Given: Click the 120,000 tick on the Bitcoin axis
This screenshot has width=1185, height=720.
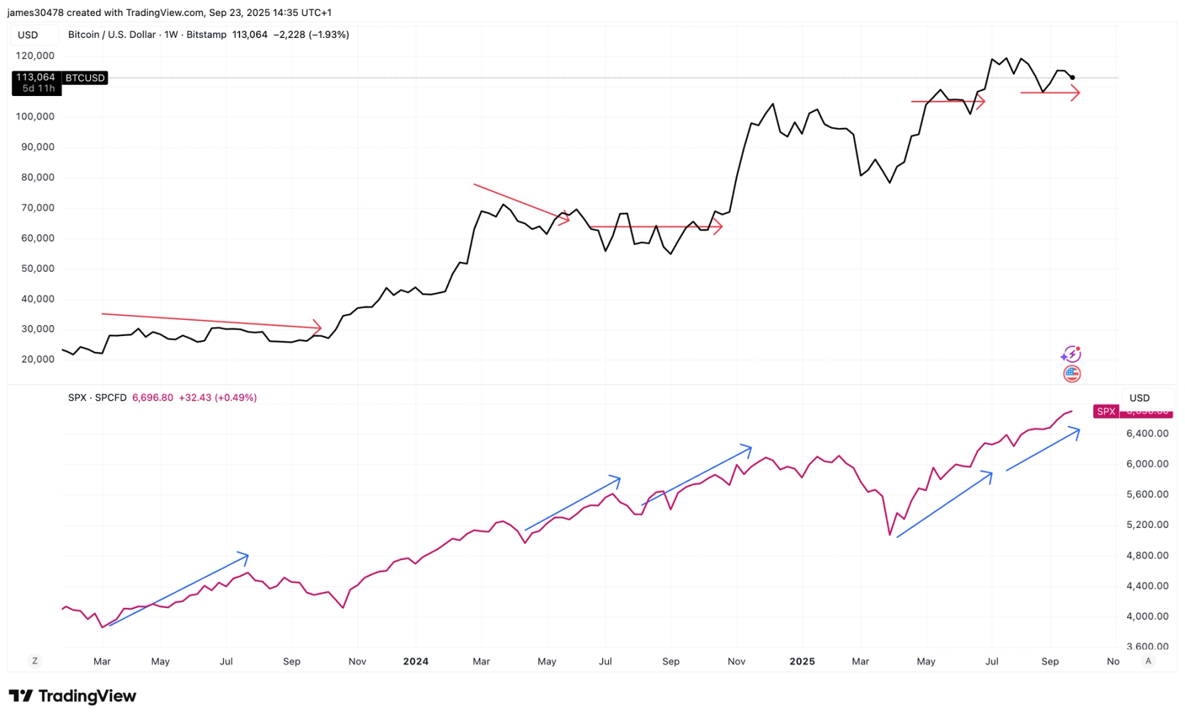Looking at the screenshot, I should pyautogui.click(x=35, y=56).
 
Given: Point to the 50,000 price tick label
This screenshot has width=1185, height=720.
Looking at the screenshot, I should pyautogui.click(x=37, y=269).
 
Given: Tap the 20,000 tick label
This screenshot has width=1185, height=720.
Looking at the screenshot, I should pyautogui.click(x=37, y=359).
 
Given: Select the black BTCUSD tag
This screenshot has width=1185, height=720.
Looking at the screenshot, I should pyautogui.click(x=85, y=78).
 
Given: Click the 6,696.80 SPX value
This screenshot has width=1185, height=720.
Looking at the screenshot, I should pyautogui.click(x=152, y=398).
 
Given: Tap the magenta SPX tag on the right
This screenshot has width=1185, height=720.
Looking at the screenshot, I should pyautogui.click(x=1106, y=411).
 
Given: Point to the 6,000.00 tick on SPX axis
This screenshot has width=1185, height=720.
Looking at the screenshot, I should pyautogui.click(x=1147, y=464).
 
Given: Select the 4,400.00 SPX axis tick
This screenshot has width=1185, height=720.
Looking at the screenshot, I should pyautogui.click(x=1147, y=586).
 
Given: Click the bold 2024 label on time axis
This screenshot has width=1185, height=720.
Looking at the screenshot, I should pyautogui.click(x=415, y=661).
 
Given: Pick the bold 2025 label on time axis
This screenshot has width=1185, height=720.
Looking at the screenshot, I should pyautogui.click(x=802, y=661).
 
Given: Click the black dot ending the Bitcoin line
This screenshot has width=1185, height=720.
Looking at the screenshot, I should pyautogui.click(x=1072, y=77).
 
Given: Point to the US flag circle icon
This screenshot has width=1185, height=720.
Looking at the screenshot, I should pyautogui.click(x=1072, y=374).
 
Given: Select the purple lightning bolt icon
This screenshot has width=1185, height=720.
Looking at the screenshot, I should pyautogui.click(x=1071, y=354).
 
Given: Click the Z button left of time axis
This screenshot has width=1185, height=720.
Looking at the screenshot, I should pyautogui.click(x=35, y=661).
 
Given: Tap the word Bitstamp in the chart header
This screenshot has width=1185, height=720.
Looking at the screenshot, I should pyautogui.click(x=206, y=35).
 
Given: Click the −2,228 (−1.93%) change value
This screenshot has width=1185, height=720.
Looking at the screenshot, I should pyautogui.click(x=311, y=35).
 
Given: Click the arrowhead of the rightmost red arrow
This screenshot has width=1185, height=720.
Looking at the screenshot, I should pyautogui.click(x=1076, y=93).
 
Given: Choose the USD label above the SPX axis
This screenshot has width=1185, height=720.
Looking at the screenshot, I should pyautogui.click(x=1139, y=398).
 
